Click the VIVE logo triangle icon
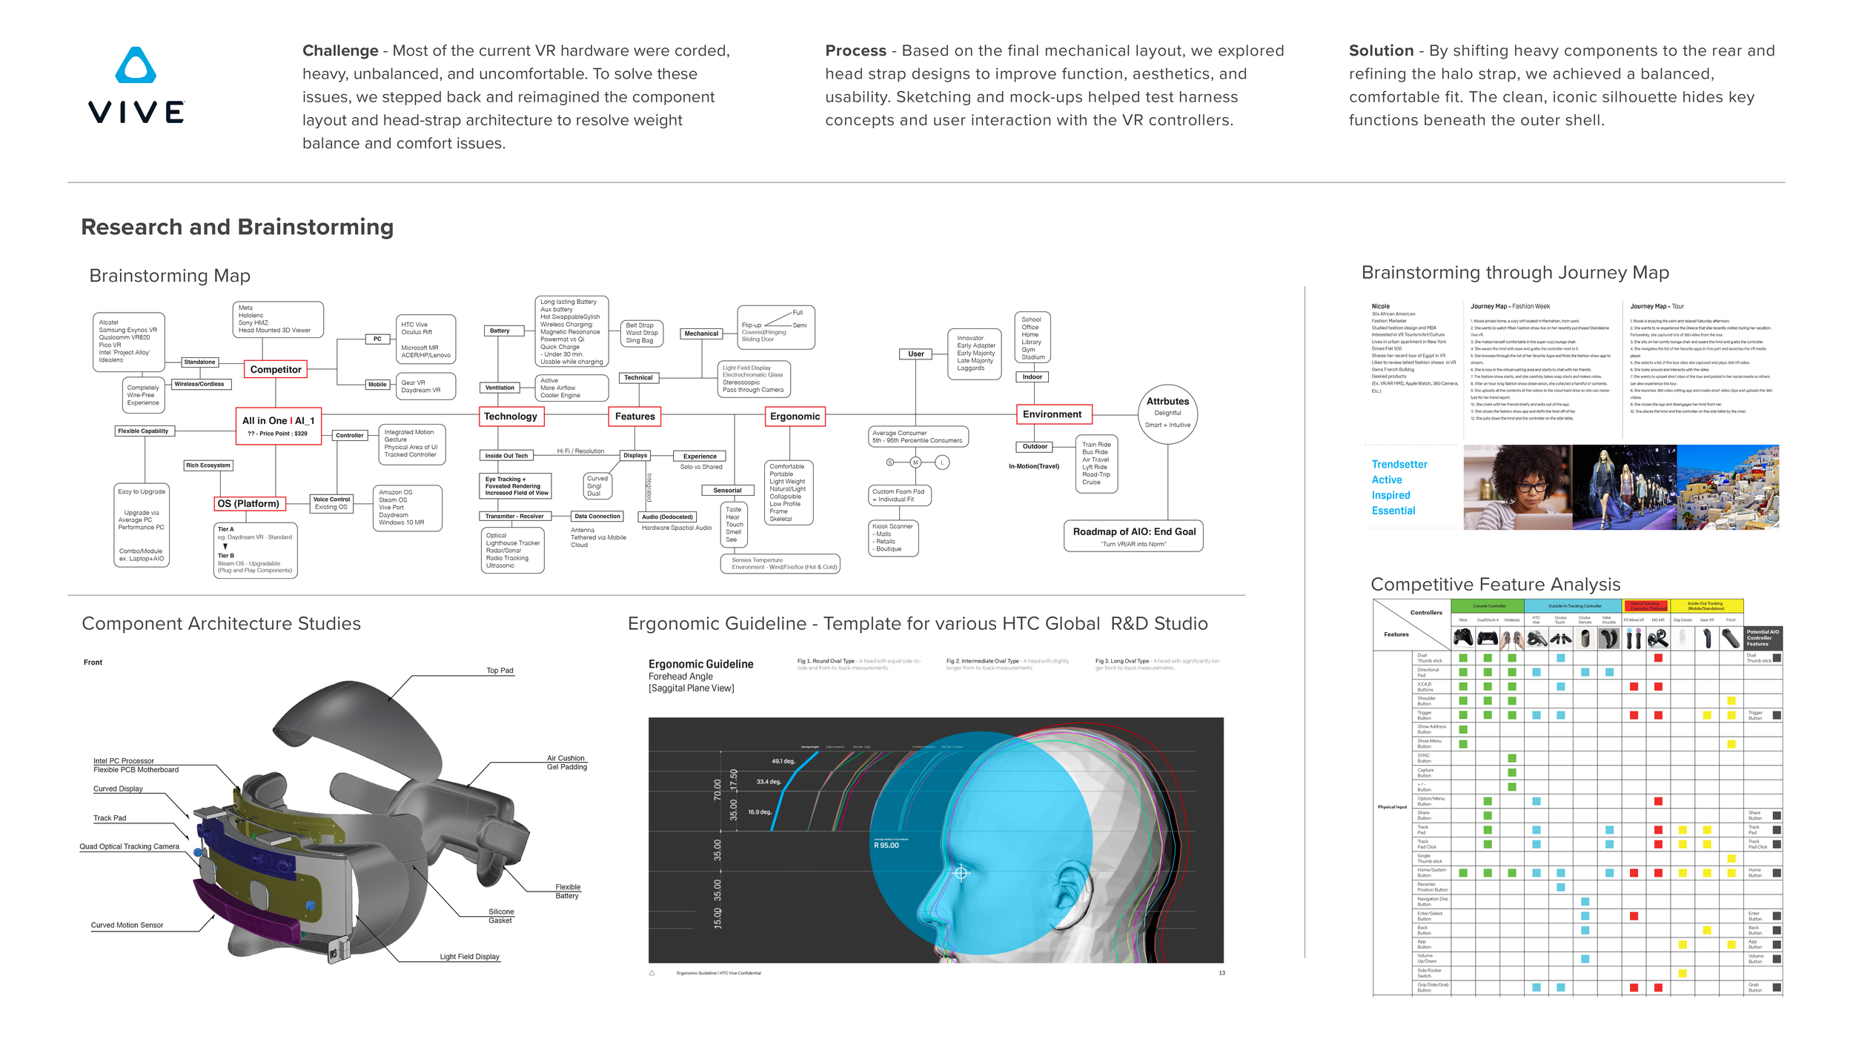click(136, 66)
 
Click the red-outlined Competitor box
click(276, 370)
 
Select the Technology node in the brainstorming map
click(511, 417)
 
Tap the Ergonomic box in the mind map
click(795, 417)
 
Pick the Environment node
click(1052, 414)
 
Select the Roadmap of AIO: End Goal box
click(1133, 536)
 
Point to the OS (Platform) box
click(248, 504)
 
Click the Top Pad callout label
click(500, 671)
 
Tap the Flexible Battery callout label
click(568, 892)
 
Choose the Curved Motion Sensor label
click(127, 926)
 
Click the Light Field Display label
click(469, 957)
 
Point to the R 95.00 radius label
click(886, 846)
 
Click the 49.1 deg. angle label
click(783, 761)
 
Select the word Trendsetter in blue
click(1399, 465)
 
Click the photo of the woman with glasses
click(1516, 487)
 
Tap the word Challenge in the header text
click(340, 51)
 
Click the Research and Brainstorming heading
click(237, 227)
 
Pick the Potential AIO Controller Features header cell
click(1763, 638)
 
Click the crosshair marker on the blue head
click(961, 873)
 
